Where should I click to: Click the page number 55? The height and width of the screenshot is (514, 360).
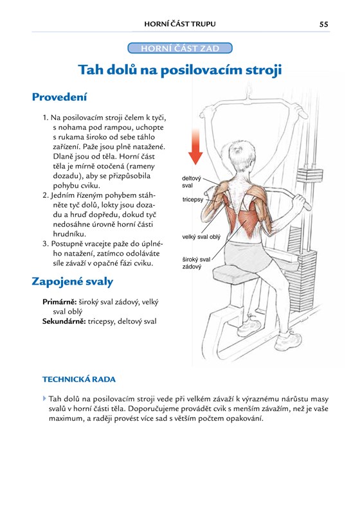point(323,24)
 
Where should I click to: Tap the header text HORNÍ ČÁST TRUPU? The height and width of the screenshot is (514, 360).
point(180,24)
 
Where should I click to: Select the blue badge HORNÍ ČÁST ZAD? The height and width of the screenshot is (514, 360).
point(180,48)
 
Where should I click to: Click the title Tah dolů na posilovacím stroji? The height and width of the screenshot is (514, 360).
point(180,70)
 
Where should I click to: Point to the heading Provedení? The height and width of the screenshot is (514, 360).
point(59,97)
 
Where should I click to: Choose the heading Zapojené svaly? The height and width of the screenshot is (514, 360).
point(73,281)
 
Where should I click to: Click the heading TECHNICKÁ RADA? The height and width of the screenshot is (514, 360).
point(79,379)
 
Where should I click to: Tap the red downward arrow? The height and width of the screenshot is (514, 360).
point(195,146)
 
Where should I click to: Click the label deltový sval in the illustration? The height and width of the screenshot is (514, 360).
point(192,182)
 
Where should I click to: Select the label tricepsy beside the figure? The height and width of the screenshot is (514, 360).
point(193,199)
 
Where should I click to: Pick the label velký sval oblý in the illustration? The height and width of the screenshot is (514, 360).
point(201,236)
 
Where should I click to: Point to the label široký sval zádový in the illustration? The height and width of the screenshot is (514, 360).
point(196,263)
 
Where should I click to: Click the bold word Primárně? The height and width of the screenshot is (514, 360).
point(59,302)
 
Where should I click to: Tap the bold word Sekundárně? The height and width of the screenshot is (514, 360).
point(64,322)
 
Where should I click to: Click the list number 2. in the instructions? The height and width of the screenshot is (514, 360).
point(46,195)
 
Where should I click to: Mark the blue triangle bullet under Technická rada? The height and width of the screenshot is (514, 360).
point(44,398)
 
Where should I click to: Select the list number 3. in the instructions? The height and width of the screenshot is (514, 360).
point(46,244)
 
